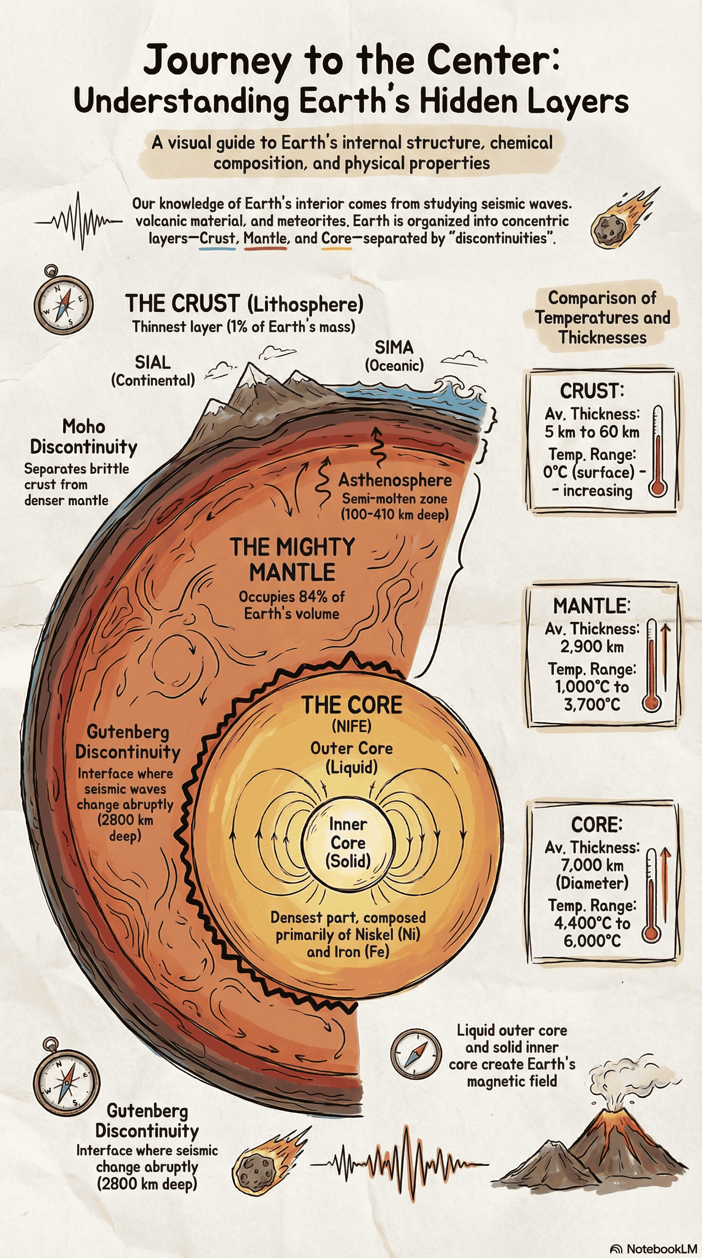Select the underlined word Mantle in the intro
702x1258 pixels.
(265, 238)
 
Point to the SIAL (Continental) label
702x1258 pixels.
(153, 371)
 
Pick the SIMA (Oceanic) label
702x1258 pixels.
(394, 356)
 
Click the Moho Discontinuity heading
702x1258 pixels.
(84, 437)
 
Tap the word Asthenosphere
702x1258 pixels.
(395, 480)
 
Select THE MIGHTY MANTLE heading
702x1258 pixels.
(292, 560)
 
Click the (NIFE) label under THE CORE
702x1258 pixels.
(351, 727)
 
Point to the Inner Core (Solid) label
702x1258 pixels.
(348, 842)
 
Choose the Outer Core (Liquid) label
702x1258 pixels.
(351, 757)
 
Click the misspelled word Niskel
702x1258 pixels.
(374, 934)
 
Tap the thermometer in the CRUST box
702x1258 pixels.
(658, 451)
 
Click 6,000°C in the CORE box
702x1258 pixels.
(592, 941)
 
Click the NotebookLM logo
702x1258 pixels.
(654, 1248)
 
